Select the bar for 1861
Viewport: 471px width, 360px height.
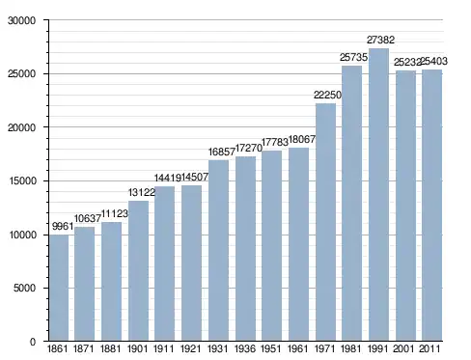point(59,288)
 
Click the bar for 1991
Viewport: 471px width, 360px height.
point(378,195)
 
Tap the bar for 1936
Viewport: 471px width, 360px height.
point(245,249)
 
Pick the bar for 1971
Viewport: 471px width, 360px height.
point(325,222)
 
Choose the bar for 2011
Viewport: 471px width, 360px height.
point(431,206)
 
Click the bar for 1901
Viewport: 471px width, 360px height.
point(138,271)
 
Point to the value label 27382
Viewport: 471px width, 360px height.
point(380,40)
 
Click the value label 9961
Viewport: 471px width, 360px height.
point(63,226)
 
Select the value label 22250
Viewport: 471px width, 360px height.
point(327,95)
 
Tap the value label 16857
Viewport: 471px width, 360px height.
point(222,152)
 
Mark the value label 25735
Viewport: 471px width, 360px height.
point(353,57)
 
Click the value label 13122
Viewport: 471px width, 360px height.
point(142,192)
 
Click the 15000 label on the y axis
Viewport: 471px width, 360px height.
point(22,180)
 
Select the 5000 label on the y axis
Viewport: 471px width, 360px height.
point(24,288)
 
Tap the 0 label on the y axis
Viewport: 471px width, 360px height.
point(33,342)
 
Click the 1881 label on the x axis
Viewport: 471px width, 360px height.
point(110,348)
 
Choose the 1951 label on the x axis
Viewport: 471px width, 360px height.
point(271,348)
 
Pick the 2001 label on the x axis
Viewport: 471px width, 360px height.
point(404,348)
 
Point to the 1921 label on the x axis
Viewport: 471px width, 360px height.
point(191,348)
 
